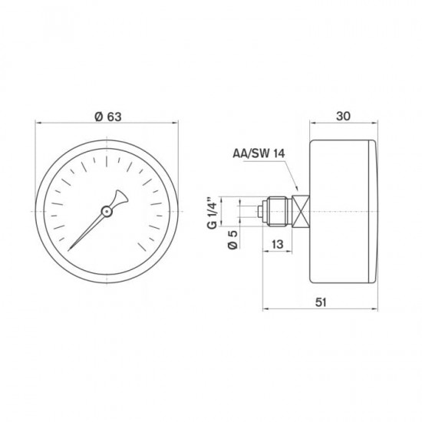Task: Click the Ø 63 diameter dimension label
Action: click(107, 117)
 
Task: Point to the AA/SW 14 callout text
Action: click(259, 154)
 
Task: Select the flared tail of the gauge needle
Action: click(117, 197)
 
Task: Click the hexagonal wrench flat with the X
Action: click(303, 210)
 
